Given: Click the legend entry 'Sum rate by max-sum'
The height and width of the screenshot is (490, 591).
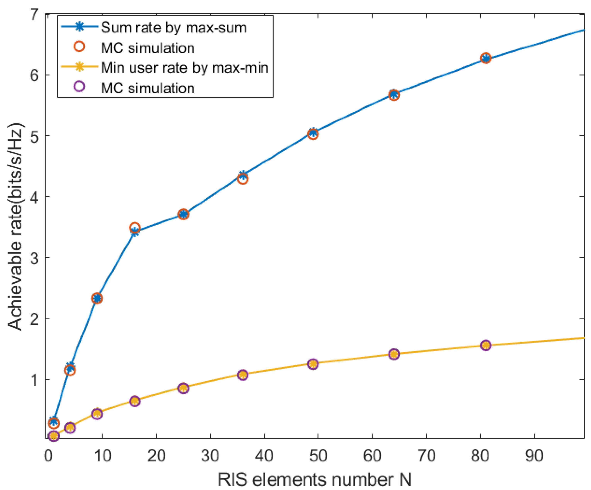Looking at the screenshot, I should pos(173,28).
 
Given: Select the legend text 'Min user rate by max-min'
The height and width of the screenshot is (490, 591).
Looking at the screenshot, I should pos(184,68).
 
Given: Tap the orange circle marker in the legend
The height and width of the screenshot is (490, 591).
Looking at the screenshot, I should pos(80,47).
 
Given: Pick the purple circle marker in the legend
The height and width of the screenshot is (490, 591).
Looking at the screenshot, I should pos(80,86).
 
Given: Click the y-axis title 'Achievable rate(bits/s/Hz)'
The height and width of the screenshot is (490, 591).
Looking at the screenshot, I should pos(15,227).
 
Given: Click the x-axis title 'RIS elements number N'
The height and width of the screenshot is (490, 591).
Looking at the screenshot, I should pos(314,480).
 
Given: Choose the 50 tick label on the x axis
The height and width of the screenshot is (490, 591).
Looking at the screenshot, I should pos(318,455).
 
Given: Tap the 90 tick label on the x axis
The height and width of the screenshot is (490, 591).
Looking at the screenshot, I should pos(534,455).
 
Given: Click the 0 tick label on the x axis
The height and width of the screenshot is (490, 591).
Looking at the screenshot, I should pos(48,455).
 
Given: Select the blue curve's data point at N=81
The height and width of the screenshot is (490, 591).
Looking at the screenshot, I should pos(486,58).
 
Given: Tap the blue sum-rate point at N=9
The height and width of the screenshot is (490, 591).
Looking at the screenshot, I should pos(97,298).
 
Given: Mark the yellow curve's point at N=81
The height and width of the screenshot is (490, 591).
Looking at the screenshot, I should pos(486,345).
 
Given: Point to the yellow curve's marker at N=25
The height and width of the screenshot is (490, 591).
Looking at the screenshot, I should pos(183,388).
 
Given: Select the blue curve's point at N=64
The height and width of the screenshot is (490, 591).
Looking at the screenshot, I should pos(394,95).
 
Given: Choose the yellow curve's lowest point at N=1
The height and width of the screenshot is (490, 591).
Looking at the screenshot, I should pos(53,436).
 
